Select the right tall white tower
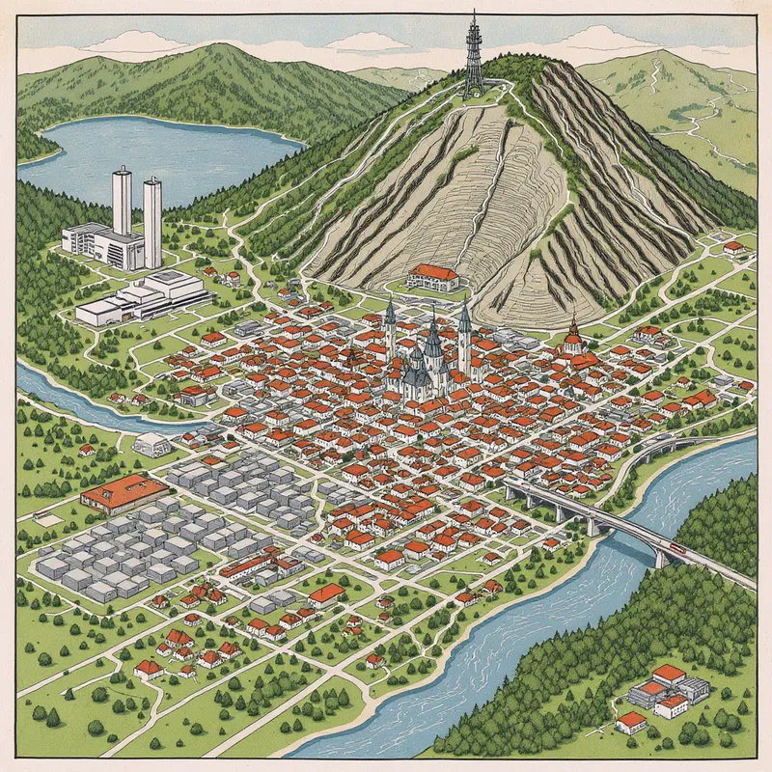pyautogui.click(x=152, y=222)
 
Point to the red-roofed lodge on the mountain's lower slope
pyautogui.click(x=433, y=278)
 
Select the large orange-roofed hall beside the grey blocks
pyautogui.click(x=124, y=492)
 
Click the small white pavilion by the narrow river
pyautogui.click(x=152, y=445)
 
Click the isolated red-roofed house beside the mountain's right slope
pyautogui.click(x=733, y=248)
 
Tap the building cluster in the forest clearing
pyautogui.click(x=666, y=690)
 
